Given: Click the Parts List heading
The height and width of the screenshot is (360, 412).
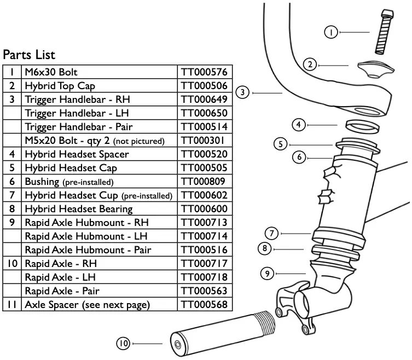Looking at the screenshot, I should [29, 55].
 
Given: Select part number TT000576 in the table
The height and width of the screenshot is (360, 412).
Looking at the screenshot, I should [204, 72].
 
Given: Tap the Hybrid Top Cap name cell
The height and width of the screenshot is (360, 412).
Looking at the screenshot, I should [60, 86].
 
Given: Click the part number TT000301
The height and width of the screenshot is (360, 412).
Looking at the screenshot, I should [204, 141].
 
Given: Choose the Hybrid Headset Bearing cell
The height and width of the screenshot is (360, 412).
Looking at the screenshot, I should [79, 209].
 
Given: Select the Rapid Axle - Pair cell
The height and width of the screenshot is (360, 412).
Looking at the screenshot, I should [62, 291].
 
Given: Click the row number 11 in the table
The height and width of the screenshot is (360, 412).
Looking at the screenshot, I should [11, 305].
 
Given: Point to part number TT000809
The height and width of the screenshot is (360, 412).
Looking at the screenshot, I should [204, 182].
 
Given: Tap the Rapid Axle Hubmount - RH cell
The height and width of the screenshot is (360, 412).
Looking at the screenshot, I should [86, 223].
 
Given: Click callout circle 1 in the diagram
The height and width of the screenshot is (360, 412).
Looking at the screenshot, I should [331, 33].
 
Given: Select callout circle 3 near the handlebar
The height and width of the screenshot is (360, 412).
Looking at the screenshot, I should [243, 92].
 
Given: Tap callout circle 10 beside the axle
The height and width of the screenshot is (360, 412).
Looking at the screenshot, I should [124, 344].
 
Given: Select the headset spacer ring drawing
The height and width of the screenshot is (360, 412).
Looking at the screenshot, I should [363, 125].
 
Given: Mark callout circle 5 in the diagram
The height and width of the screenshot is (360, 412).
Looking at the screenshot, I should [280, 144].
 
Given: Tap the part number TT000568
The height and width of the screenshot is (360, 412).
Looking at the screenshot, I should [204, 305].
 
